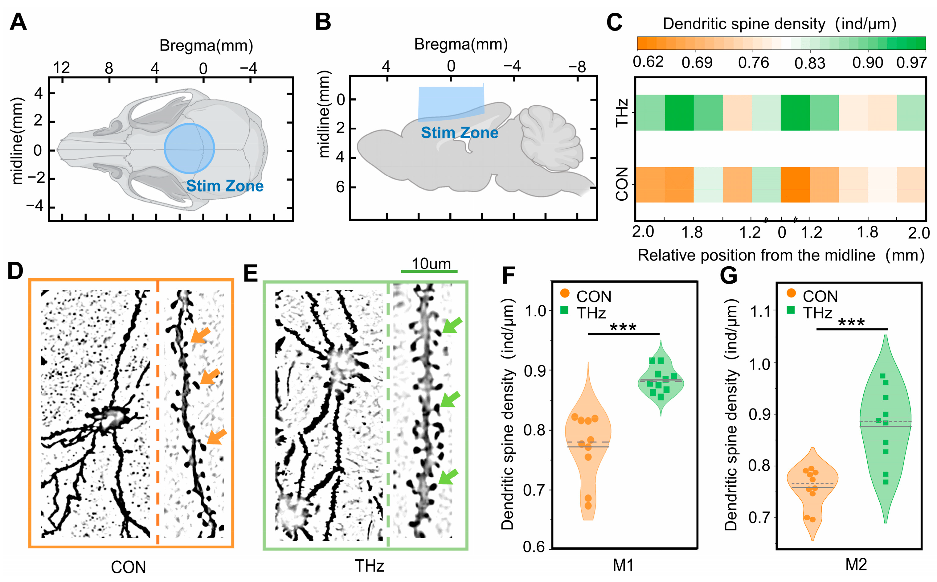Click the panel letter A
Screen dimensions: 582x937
coord(18,22)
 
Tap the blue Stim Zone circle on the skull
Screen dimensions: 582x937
coord(189,148)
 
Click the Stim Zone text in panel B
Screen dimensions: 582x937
coord(460,133)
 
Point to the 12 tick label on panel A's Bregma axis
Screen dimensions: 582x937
coord(62,68)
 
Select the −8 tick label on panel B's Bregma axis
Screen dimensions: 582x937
coord(577,67)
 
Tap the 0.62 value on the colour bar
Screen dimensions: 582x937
coord(649,62)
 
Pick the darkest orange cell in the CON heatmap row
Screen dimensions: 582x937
coord(795,185)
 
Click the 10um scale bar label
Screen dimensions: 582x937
coord(431,264)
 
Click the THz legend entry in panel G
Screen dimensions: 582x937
coord(817,313)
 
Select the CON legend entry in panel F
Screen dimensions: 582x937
coord(593,296)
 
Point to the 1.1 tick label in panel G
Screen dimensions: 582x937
coord(760,311)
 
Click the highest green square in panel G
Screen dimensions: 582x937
coord(883,376)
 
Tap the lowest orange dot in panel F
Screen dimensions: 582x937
coord(588,506)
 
